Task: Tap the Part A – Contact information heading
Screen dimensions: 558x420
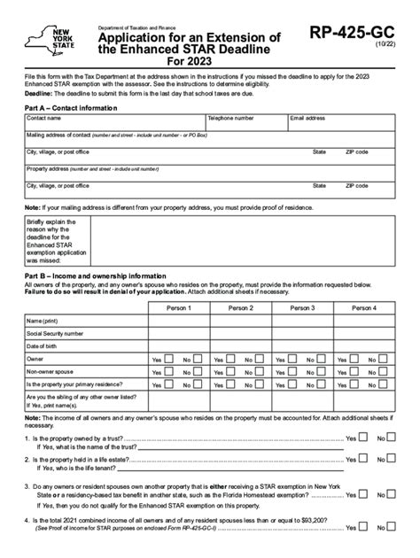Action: tap(71, 107)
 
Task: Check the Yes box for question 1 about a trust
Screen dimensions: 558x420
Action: tap(364, 438)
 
